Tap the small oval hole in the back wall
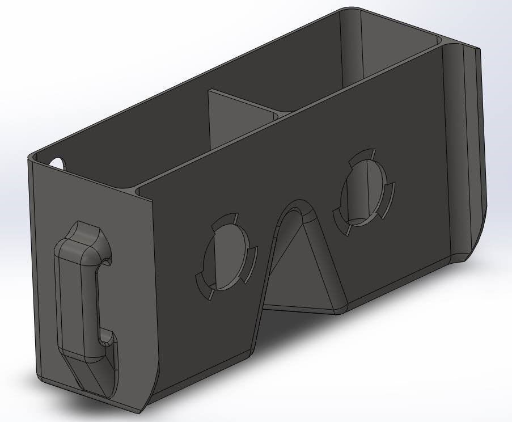click(x=57, y=163)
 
